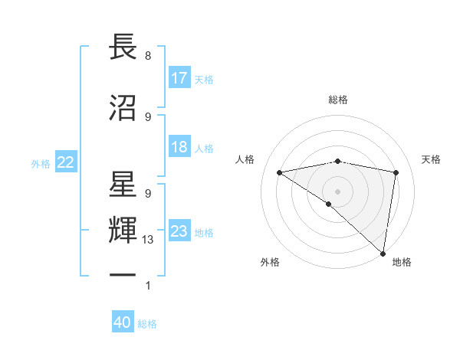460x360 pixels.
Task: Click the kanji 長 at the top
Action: (x=123, y=47)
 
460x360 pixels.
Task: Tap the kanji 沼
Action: (x=123, y=107)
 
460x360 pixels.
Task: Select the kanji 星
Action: (x=123, y=187)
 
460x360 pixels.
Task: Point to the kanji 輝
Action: (x=123, y=228)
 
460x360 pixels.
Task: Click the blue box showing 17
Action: (x=179, y=78)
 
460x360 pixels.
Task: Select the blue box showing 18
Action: (x=179, y=148)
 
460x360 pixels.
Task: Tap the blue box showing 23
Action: (x=179, y=232)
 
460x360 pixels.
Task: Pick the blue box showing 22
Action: (x=66, y=162)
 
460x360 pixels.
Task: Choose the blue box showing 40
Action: (x=123, y=323)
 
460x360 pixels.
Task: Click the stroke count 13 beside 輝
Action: (x=148, y=240)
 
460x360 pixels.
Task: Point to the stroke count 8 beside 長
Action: (x=147, y=56)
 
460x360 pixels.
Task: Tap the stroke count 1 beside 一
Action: (x=147, y=286)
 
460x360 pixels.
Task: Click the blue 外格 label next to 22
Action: (x=40, y=163)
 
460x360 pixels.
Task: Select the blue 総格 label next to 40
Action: (x=147, y=324)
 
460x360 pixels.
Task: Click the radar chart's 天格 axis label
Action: (x=432, y=159)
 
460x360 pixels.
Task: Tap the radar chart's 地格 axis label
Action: (x=402, y=262)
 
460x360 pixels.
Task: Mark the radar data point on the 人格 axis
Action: (x=280, y=172)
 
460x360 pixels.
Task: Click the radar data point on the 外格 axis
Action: (x=329, y=204)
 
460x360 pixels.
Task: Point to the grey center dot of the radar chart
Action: (x=337, y=190)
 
